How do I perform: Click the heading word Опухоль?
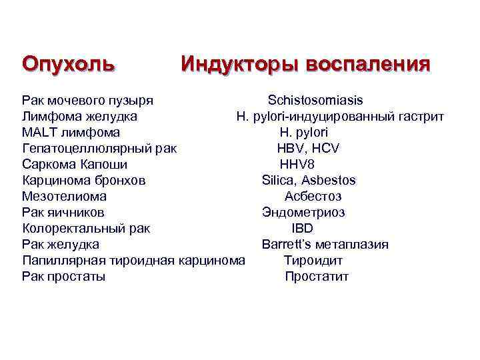68,65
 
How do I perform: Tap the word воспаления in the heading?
367,65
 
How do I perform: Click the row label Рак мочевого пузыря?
87,101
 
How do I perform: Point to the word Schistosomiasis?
315,101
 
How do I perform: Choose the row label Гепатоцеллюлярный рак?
99,149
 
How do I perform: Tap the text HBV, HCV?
308,149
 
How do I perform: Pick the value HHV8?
297,165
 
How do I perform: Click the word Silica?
279,181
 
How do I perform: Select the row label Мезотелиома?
64,197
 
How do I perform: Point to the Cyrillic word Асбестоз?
313,197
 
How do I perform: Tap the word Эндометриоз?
303,213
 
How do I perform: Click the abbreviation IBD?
302,229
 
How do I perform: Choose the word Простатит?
317,277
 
